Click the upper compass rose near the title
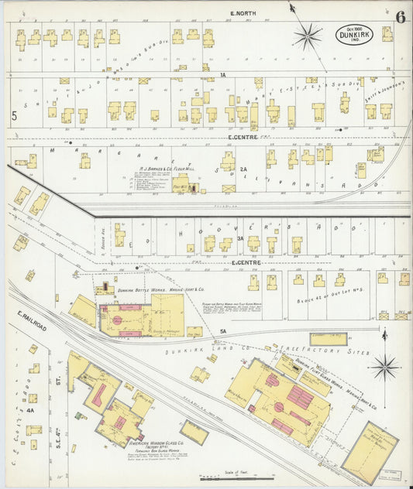pyautogui.click(x=308, y=34)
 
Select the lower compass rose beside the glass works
pyautogui.click(x=384, y=366)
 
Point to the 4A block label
pyautogui.click(x=30, y=412)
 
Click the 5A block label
pyautogui.click(x=222, y=331)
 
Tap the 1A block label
pyautogui.click(x=222, y=75)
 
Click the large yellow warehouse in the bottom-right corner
pyautogui.click(x=370, y=452)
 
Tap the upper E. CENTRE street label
pyautogui.click(x=243, y=137)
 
